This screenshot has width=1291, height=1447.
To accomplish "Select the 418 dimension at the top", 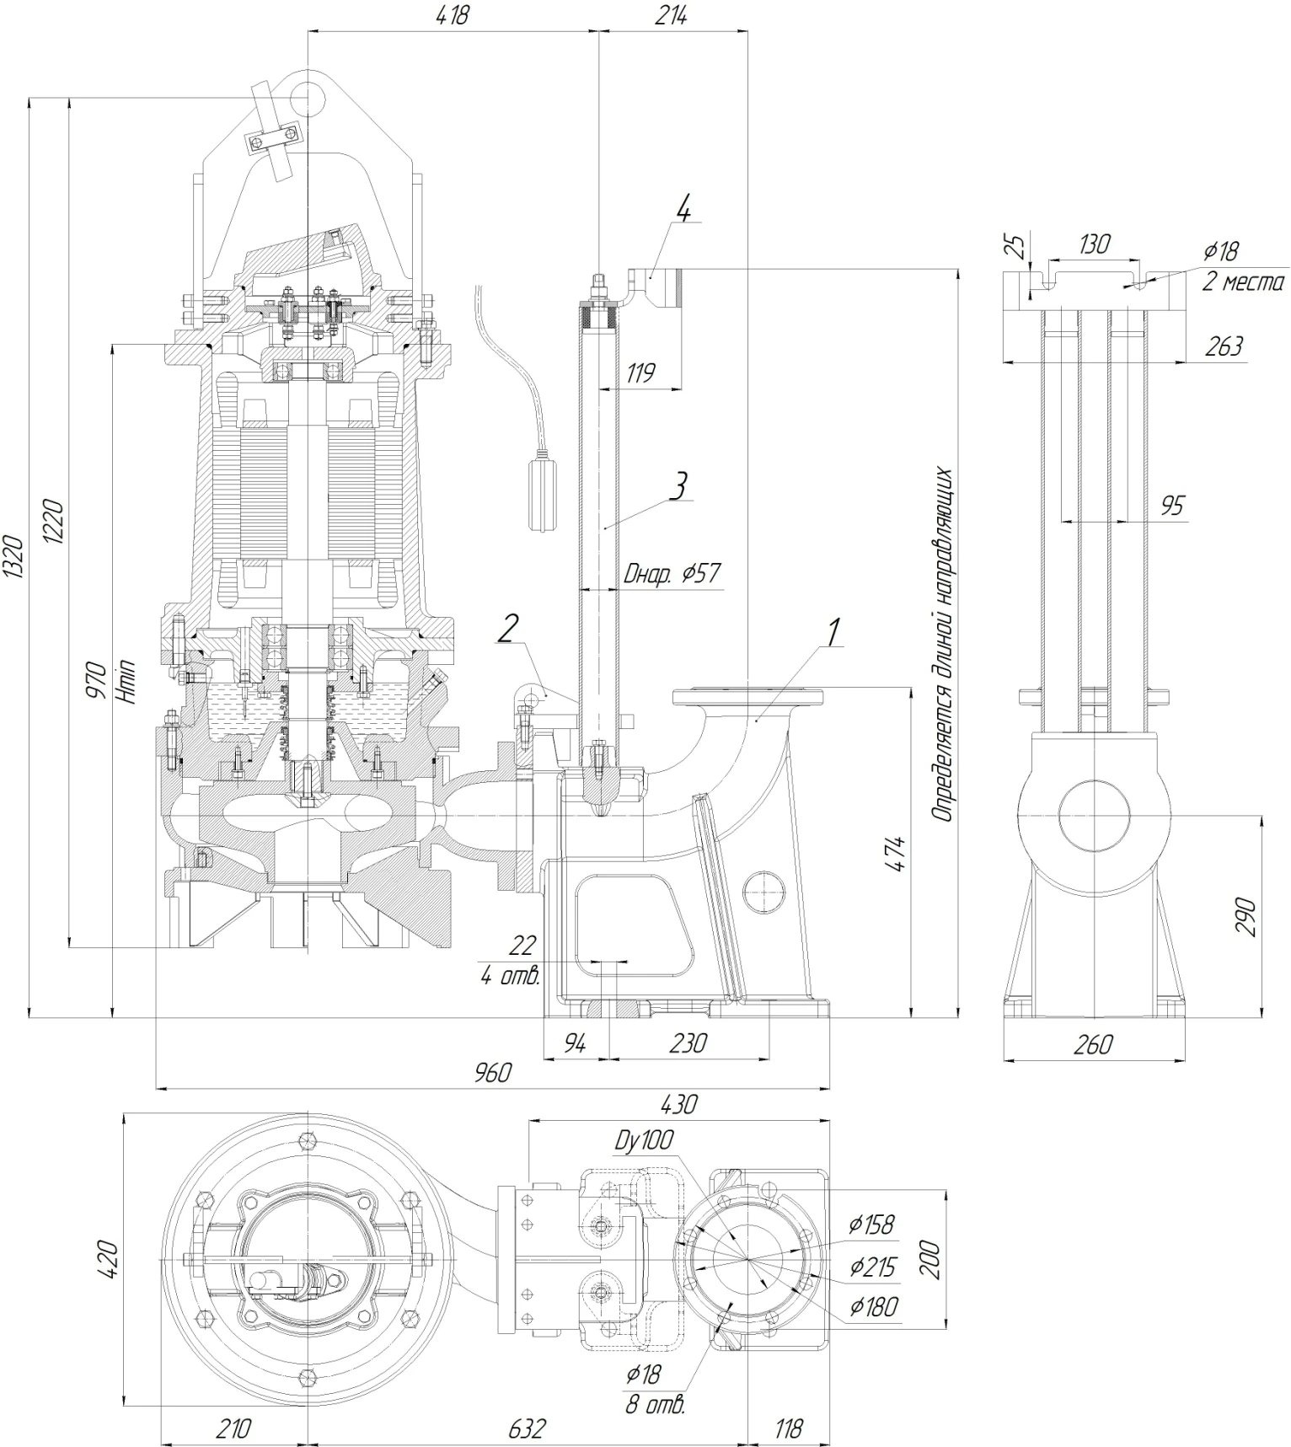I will pos(453,15).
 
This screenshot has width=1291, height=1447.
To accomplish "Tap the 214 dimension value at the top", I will pos(671,15).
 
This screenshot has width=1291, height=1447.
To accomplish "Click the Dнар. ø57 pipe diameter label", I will pos(672,574).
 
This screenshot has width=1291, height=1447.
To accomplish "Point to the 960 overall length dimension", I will pos(493,1073).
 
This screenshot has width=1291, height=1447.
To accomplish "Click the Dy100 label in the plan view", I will pos(645,1141).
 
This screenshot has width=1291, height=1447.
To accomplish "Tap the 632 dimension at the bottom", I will pos(527,1428).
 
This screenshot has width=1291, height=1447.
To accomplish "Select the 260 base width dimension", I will pos(1093,1044).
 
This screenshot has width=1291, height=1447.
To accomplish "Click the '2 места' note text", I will pos(1243,282).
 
